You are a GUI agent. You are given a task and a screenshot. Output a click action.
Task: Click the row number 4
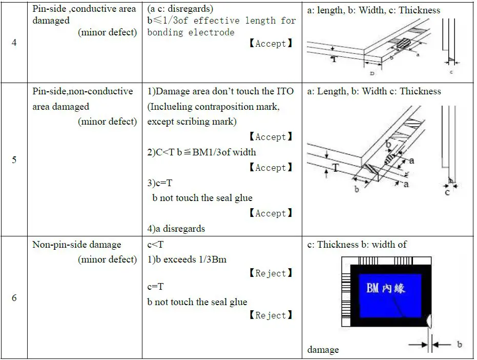(x=14, y=43)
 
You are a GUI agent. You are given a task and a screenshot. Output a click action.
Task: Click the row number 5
(x=14, y=159)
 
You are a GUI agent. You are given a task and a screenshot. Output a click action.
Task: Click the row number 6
(x=14, y=298)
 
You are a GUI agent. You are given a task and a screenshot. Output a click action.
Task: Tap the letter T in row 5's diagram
(x=336, y=168)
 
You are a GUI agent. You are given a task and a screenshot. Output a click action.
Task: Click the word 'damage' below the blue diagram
(x=323, y=350)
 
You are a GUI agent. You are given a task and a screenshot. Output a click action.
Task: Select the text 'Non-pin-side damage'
(x=77, y=245)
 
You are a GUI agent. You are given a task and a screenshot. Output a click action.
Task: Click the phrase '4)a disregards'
(x=176, y=229)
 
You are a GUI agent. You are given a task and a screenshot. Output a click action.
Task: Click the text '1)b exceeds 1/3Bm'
(x=186, y=259)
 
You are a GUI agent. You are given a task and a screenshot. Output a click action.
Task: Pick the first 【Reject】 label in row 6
(x=271, y=274)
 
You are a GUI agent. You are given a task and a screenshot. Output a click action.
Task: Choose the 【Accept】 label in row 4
(x=271, y=44)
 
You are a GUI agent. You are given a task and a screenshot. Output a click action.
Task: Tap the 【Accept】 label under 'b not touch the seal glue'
(x=271, y=213)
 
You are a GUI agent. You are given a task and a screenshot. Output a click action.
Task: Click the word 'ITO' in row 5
(x=285, y=91)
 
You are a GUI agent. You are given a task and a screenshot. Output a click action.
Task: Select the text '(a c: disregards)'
(x=180, y=9)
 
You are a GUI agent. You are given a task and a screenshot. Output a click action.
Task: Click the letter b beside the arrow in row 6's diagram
(x=459, y=344)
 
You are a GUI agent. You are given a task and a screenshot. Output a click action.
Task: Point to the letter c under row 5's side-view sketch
(x=447, y=192)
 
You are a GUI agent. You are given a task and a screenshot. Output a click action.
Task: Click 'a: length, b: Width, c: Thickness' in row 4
(x=374, y=10)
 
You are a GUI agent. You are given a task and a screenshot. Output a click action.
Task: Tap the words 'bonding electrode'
(x=191, y=32)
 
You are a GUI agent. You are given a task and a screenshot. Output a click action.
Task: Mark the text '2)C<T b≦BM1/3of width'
(x=201, y=152)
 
